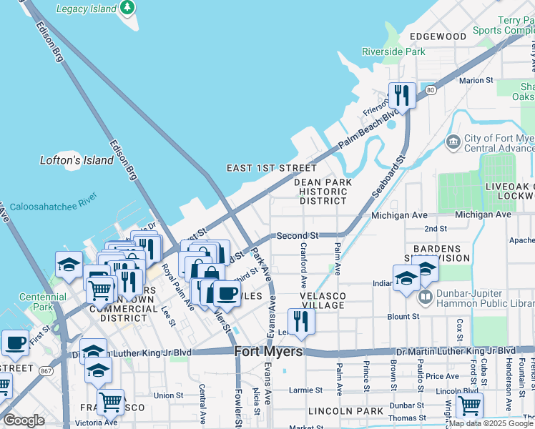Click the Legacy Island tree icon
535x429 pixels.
(127, 7)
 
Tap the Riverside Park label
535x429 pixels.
(393, 51)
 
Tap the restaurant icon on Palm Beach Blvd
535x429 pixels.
(402, 96)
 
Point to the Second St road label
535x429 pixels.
(297, 235)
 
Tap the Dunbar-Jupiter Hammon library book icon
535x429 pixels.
(425, 295)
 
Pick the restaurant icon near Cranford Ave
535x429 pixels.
(301, 321)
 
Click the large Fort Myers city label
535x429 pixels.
(268, 352)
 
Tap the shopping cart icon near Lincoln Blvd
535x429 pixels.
(469, 405)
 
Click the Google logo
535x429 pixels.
(24, 420)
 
